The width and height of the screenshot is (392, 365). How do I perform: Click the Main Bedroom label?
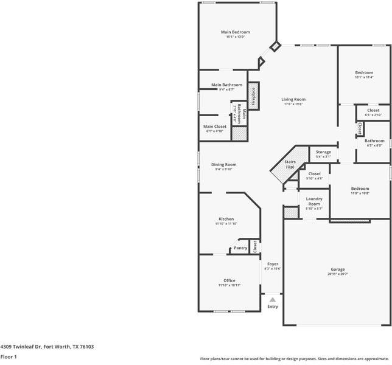tap(235, 32)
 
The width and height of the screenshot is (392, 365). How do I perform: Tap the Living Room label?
tap(293, 99)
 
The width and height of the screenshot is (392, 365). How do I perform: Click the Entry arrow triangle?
tap(273, 299)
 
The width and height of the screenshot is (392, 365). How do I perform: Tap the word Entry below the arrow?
tap(273, 306)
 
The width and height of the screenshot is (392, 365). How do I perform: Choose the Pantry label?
tap(240, 248)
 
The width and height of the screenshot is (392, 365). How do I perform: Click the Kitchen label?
tap(226, 219)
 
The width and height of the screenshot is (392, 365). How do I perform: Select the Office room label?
tap(229, 280)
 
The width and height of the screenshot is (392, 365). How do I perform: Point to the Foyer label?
tap(273, 264)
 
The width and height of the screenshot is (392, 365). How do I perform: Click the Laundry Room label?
tap(314, 201)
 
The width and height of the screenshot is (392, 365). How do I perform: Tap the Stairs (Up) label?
tap(290, 164)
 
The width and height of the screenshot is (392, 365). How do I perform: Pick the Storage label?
tap(323, 152)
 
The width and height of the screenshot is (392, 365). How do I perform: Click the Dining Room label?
tap(223, 164)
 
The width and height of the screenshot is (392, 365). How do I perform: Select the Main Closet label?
tap(215, 127)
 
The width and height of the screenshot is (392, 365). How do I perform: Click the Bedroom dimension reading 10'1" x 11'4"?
tap(364, 77)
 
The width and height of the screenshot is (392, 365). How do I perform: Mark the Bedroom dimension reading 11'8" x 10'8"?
tap(360, 193)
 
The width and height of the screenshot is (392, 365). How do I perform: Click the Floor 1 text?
tap(8, 356)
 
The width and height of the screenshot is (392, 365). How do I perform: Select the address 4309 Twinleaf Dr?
tap(21, 346)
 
